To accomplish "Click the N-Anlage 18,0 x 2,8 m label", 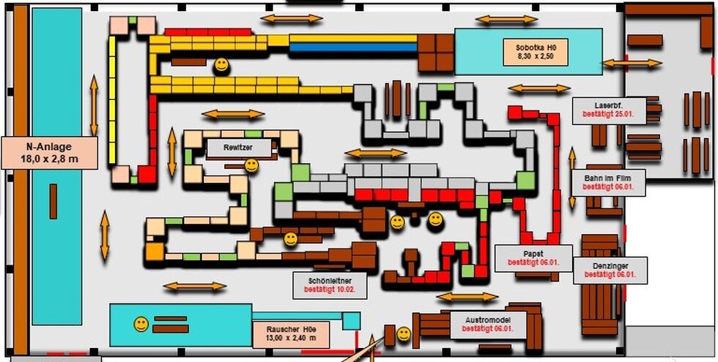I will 48,152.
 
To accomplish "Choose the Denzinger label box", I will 610,269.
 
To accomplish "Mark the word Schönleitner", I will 323,279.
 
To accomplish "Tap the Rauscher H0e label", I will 291,333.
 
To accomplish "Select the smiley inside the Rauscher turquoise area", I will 141,324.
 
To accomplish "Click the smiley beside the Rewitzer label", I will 251,165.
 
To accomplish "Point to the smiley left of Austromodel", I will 404,334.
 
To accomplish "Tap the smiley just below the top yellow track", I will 221,66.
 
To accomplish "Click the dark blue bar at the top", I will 352,48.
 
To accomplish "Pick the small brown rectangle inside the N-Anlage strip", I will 53,201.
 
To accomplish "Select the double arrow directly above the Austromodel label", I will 467,297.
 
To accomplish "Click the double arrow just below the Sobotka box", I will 538,88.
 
